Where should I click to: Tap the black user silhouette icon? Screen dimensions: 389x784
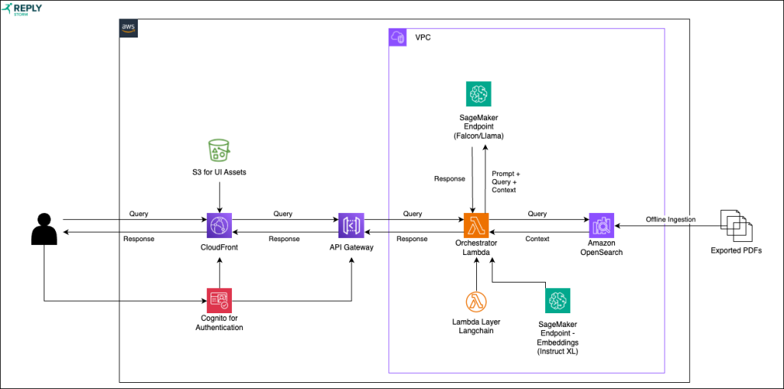pos(44,227)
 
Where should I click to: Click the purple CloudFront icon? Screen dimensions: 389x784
pos(220,226)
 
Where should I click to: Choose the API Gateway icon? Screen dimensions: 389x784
pos(351,226)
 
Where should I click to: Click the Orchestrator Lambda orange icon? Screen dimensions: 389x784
pos(476,226)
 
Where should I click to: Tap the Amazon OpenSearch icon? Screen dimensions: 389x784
pos(601,226)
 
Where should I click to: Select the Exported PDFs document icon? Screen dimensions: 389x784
pos(737,224)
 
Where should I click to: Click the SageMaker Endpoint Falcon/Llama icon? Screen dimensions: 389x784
pos(479,94)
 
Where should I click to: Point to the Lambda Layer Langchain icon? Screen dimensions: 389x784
pos(476,301)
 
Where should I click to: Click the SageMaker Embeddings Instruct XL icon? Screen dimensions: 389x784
pos(557,301)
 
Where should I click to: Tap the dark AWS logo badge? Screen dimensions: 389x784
pos(129,28)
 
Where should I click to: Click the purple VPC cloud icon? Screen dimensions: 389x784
pos(398,38)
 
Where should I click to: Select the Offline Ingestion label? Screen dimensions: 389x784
pos(670,220)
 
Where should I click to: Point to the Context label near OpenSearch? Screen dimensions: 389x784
pos(537,239)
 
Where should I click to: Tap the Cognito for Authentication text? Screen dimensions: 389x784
pos(220,323)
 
